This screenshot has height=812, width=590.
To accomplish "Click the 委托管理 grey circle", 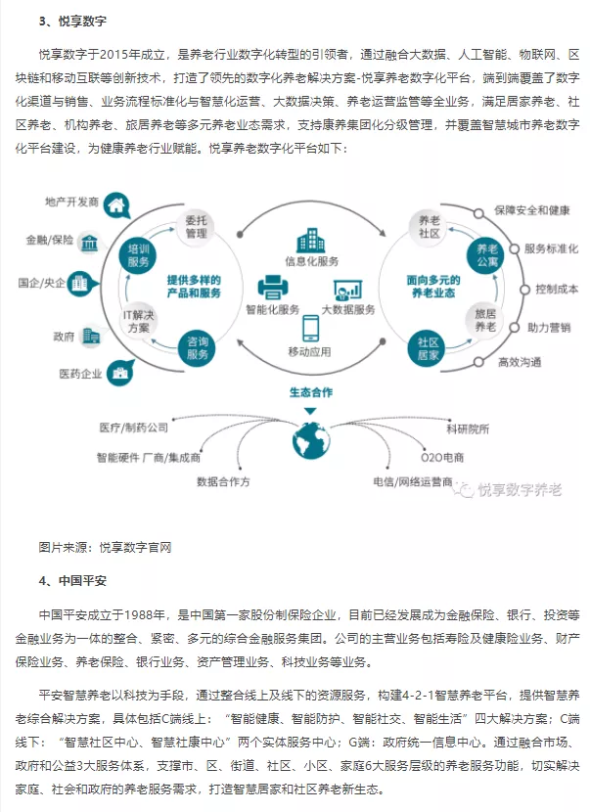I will (196, 228).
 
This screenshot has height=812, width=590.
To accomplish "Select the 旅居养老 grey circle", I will (485, 320).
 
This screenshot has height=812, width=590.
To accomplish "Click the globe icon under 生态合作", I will (311, 438).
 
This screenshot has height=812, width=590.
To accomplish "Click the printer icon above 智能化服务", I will (272, 286).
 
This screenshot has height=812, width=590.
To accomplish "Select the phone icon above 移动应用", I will (310, 328).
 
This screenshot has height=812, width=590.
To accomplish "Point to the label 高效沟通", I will (519, 361).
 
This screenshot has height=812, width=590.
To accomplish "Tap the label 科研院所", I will (467, 428).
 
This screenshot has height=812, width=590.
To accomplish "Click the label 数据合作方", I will (223, 481).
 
